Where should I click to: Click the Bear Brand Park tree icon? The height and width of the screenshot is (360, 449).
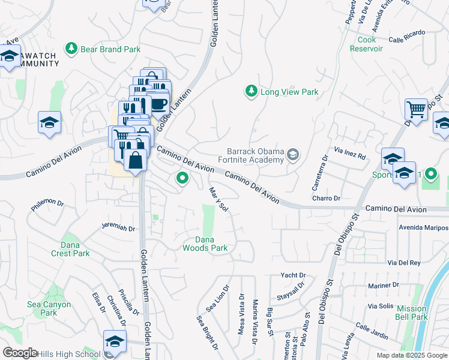click(71, 47)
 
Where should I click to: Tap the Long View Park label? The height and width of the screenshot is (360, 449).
click(289, 92)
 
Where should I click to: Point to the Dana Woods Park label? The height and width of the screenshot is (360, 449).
click(205, 244)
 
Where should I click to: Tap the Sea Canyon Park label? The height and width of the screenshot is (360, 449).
click(49, 308)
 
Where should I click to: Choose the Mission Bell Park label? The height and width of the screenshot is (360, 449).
click(412, 313)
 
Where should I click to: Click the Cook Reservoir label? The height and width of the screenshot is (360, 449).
click(367, 44)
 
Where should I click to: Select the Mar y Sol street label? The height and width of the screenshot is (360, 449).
click(219, 200)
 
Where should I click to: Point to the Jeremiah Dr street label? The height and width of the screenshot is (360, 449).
click(118, 228)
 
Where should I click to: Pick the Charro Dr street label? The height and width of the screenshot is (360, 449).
click(326, 198)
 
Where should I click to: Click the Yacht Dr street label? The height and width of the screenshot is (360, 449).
click(294, 275)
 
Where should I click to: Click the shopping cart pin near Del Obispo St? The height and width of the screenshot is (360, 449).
click(415, 109)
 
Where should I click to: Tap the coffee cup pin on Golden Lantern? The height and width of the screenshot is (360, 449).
click(158, 104)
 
